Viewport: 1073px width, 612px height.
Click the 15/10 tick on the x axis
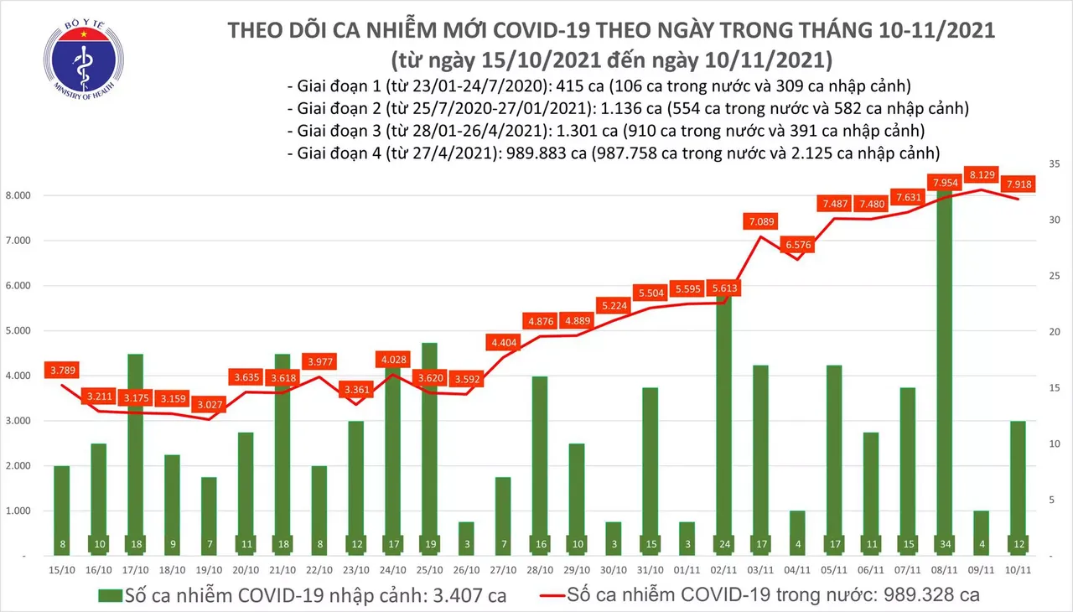[62, 569]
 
